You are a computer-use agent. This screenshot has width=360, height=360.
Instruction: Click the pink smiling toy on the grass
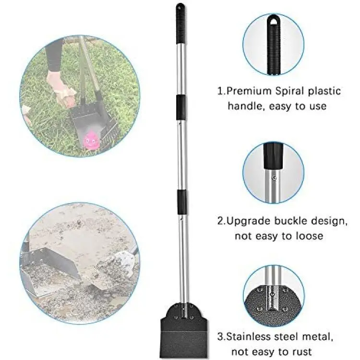91,140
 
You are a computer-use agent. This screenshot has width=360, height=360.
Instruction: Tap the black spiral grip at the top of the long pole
180,24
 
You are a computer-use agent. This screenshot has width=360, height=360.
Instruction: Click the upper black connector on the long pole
181,107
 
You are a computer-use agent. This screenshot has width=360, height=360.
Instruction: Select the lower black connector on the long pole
182,202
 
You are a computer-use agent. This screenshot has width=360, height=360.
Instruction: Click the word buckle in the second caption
291,221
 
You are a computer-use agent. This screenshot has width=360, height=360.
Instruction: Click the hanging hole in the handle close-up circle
273,21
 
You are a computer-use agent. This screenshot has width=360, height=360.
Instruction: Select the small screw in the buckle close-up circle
274,178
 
